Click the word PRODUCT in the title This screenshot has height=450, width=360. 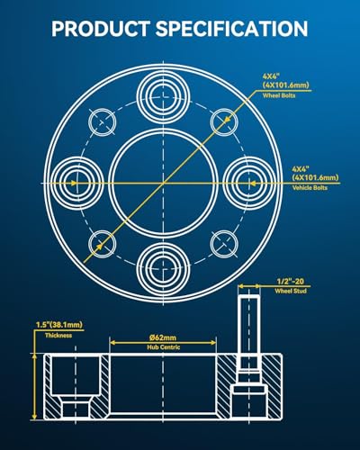point(101,29)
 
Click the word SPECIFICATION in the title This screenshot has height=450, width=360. point(232,29)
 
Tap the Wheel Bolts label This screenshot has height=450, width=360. point(279,95)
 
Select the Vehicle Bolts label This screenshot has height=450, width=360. point(310,188)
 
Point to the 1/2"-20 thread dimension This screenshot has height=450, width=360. point(290,281)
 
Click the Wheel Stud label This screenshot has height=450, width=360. point(291,291)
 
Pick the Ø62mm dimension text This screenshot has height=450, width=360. point(163,337)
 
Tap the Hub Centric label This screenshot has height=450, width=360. point(164,347)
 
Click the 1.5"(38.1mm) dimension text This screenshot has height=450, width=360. point(59,325)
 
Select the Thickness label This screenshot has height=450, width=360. point(58,336)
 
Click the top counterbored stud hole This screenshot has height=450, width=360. point(163,97)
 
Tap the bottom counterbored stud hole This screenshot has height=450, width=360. point(163,268)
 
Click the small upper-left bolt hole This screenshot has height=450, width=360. point(102,122)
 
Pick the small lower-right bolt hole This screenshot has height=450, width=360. point(224,244)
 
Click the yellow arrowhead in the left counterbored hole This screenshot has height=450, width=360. point(73,183)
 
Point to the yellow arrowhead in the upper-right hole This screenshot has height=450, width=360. point(228,119)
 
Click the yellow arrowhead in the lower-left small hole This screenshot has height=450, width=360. point(99,247)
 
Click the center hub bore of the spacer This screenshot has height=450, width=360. point(163,184)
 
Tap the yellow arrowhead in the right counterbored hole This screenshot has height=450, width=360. point(254,183)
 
